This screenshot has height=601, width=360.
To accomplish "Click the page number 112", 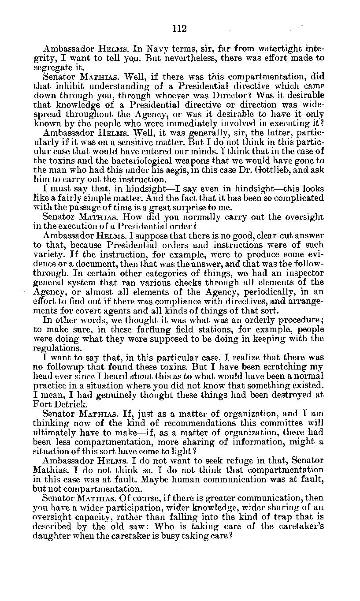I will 179,29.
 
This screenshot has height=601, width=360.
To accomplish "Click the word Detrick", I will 72,404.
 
